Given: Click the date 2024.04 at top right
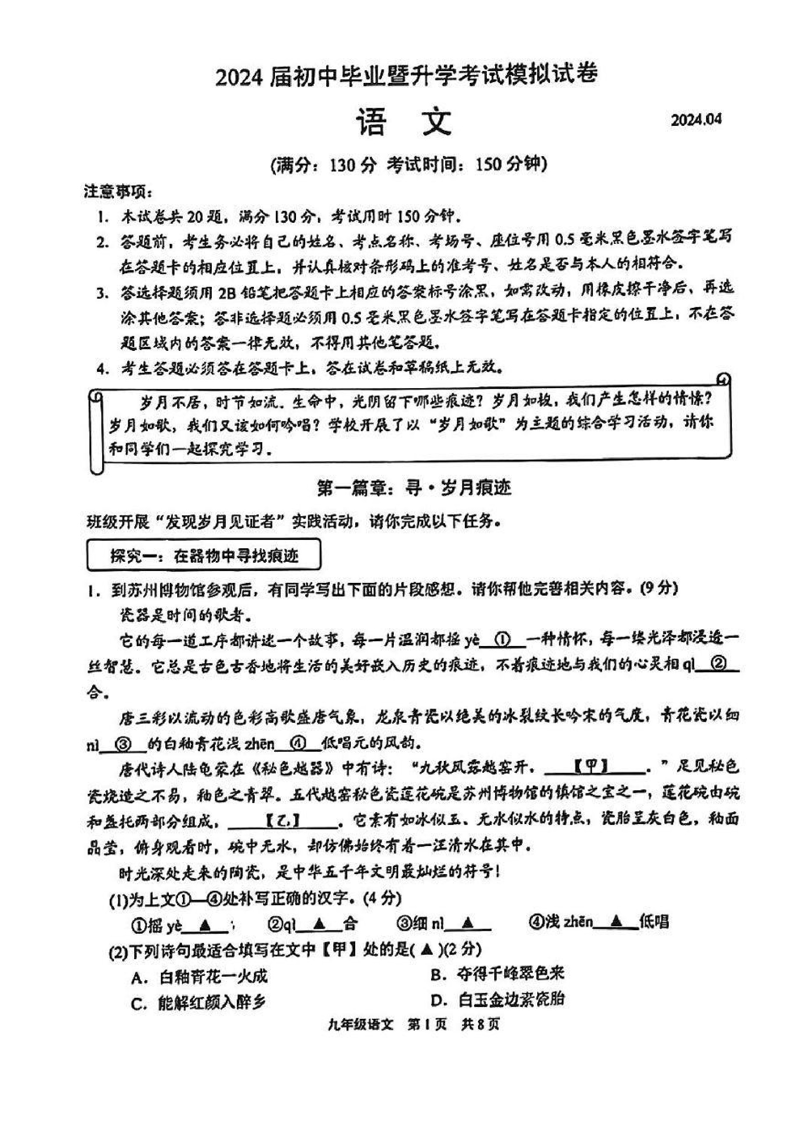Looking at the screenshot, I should [x=696, y=120].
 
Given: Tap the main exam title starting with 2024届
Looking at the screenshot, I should [x=406, y=76].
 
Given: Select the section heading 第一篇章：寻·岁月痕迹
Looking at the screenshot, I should [x=414, y=487].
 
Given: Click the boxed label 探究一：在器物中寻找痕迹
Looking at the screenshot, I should [x=203, y=555].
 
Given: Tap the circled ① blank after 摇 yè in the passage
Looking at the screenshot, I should [x=503, y=639].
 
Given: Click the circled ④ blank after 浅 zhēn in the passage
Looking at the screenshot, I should [x=297, y=743].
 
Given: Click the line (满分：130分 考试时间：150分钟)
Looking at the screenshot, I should [x=409, y=164].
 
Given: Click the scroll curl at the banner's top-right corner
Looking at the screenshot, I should [x=724, y=379].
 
